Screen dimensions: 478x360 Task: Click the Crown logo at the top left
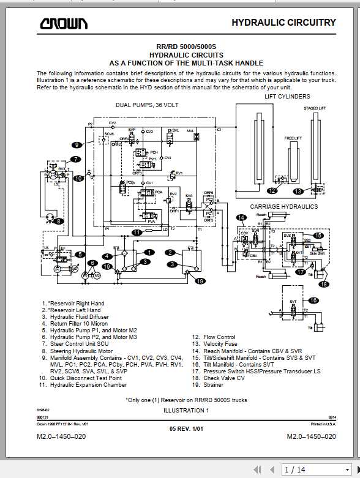(x=64, y=24)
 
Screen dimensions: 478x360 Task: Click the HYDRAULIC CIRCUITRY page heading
(x=283, y=23)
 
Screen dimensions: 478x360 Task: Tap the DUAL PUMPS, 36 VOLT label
(x=147, y=105)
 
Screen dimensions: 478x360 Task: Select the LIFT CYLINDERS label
(x=287, y=97)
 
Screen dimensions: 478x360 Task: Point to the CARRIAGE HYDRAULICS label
(x=283, y=207)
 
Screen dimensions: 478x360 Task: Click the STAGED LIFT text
(x=315, y=108)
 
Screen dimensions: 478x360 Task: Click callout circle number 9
(x=77, y=146)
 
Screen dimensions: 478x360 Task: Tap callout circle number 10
(x=78, y=179)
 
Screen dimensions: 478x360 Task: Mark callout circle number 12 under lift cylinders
(x=272, y=191)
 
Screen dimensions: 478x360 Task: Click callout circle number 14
(x=241, y=217)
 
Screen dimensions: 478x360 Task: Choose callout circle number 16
(x=313, y=301)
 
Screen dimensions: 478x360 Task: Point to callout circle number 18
(x=323, y=283)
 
